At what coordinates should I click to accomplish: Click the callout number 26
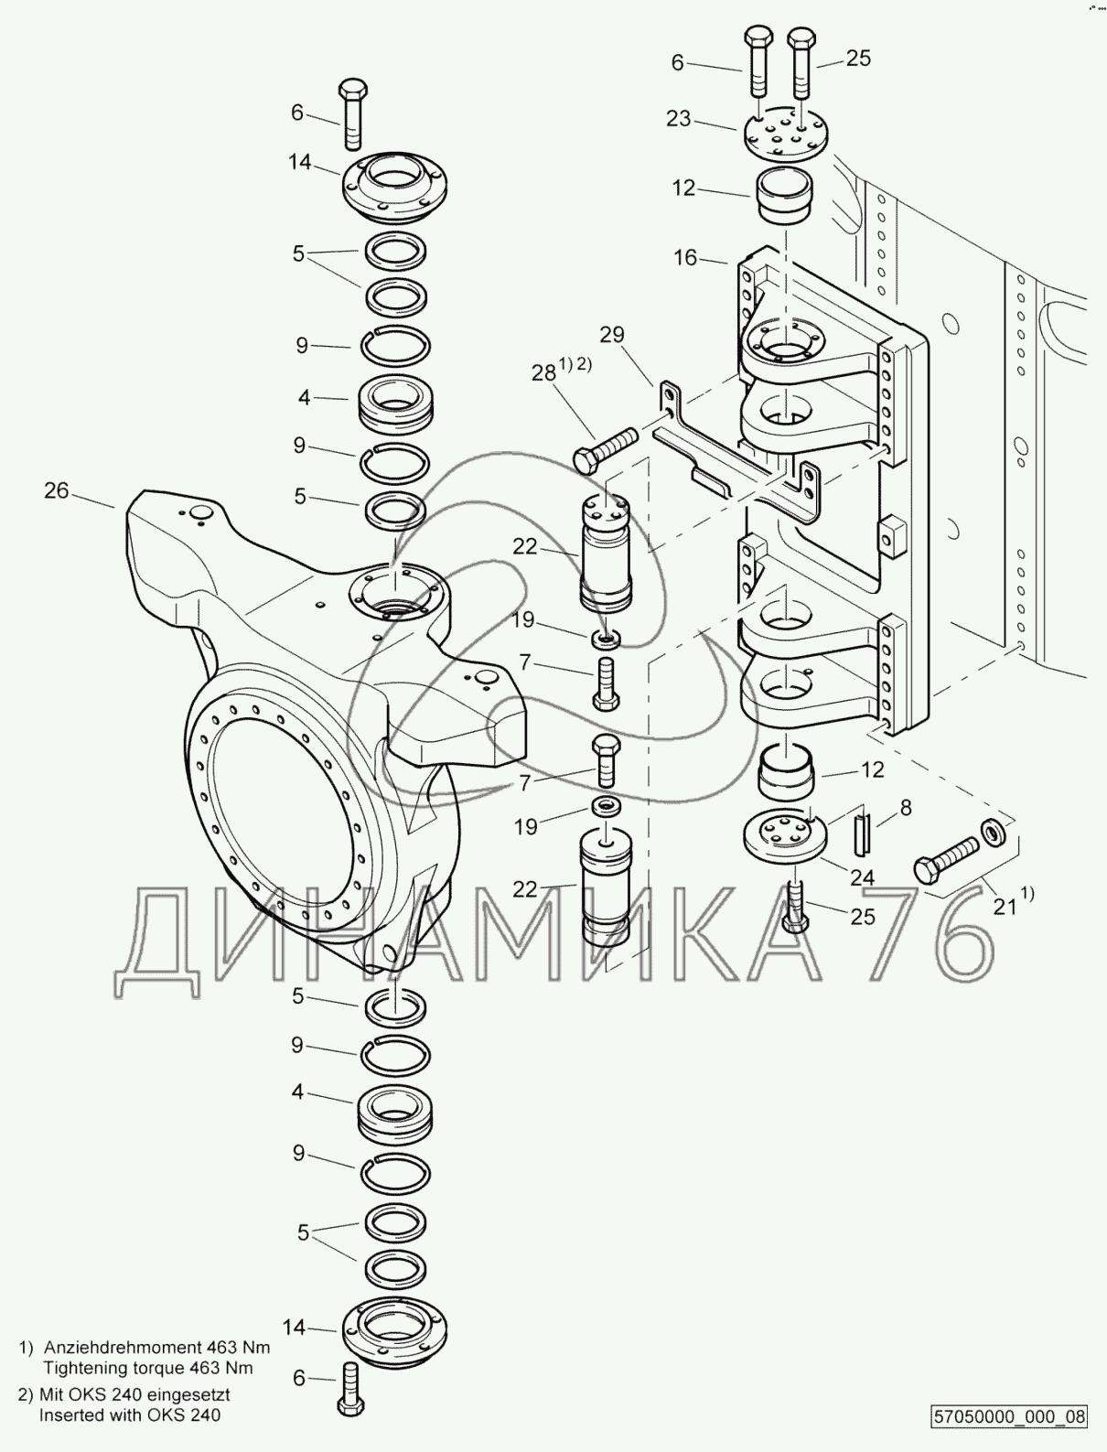(56, 490)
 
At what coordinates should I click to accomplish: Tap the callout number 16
(686, 257)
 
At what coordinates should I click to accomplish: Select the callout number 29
(612, 334)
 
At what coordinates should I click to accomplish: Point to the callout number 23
(679, 119)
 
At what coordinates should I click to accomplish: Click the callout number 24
(863, 877)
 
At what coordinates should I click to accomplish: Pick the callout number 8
(906, 807)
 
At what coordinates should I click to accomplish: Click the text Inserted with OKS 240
(130, 1415)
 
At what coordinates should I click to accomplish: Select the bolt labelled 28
(606, 449)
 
